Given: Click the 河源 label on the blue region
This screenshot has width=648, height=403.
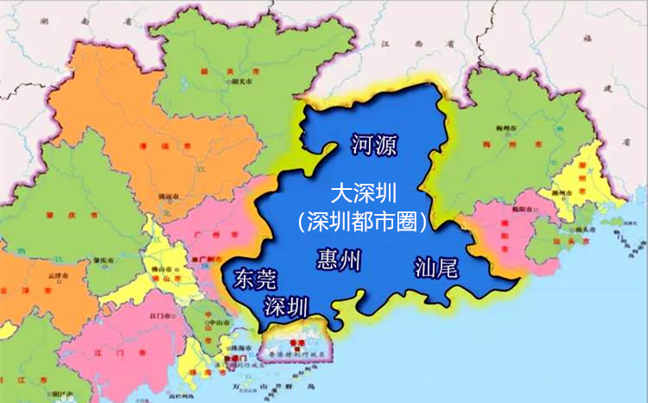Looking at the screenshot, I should point(374,144).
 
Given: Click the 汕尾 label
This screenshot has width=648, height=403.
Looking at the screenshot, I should point(435,267).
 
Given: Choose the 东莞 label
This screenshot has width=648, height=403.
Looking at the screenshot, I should point(257,278).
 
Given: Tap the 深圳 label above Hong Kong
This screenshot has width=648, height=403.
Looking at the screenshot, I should point(286,305).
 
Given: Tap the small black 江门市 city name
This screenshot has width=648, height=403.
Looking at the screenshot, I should point(162,318).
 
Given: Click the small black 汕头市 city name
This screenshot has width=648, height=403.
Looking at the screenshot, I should point(583,229).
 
